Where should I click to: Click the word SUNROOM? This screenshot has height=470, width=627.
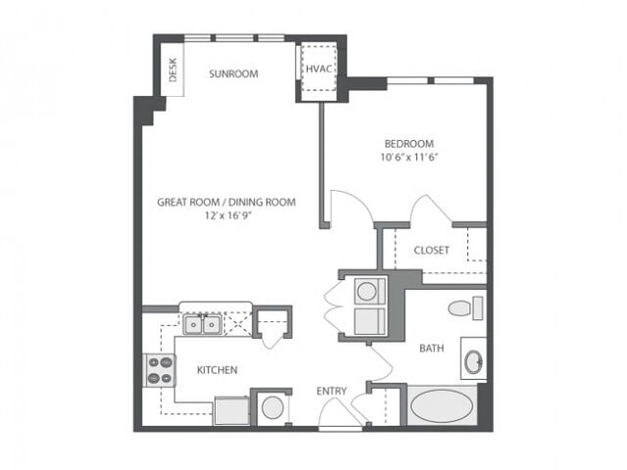(x=234, y=73)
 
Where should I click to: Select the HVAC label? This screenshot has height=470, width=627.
(x=316, y=70)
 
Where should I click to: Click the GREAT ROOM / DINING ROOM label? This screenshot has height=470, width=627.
(x=226, y=203)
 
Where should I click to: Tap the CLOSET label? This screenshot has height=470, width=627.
(x=431, y=251)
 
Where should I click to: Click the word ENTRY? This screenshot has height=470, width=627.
(x=331, y=392)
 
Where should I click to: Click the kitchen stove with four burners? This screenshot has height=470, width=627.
(x=160, y=369)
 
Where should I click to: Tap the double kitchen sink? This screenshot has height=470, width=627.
(x=202, y=322)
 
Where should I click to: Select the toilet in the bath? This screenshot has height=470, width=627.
(x=461, y=308)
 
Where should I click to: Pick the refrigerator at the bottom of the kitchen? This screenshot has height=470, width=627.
(x=230, y=410)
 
